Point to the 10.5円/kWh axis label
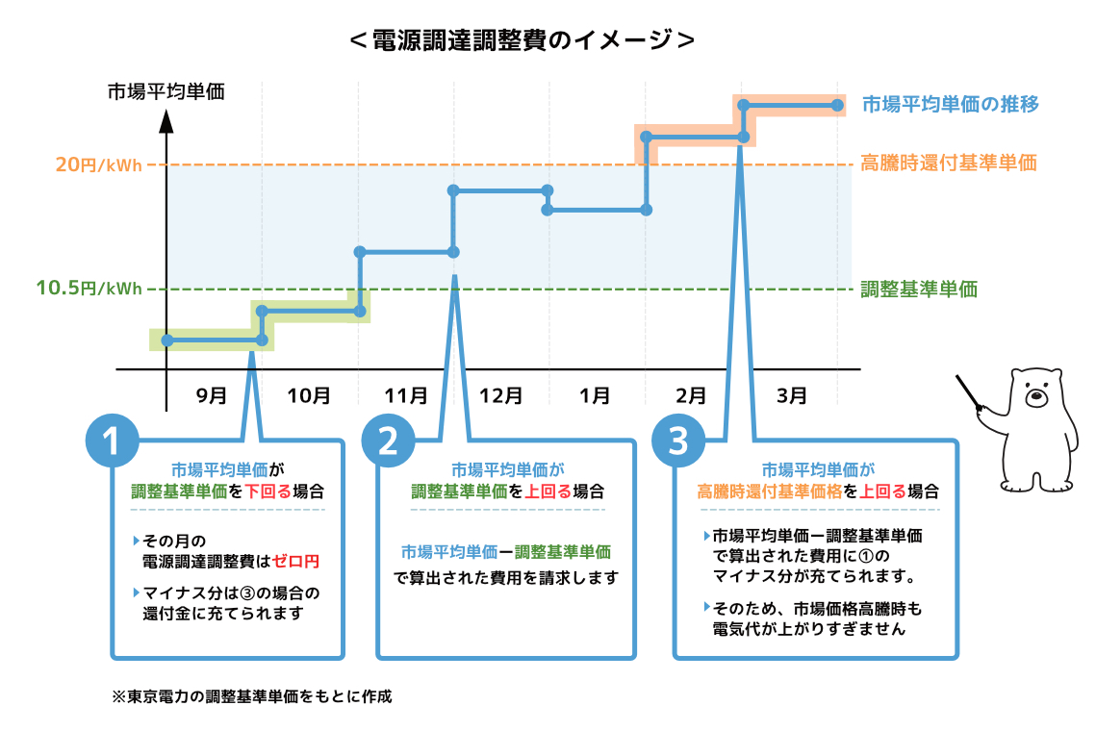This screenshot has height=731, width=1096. [89, 289]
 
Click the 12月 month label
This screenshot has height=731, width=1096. [500, 395]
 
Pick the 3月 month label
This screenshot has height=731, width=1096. [791, 395]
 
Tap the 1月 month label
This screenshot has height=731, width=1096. [596, 395]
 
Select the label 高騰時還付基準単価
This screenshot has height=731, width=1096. [948, 164]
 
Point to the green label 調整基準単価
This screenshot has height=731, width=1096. [918, 289]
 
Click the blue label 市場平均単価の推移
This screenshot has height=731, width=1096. [950, 104]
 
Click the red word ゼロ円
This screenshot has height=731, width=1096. [295, 560]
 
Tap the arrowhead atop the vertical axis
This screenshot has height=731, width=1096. [166, 121]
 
